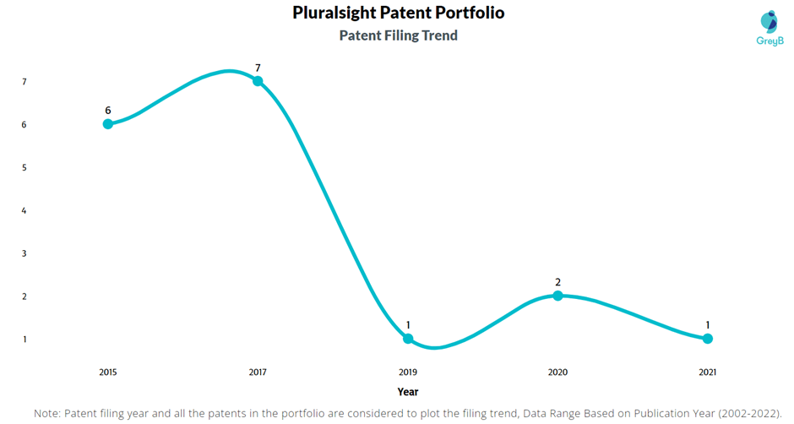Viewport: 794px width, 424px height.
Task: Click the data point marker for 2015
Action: click(x=108, y=124)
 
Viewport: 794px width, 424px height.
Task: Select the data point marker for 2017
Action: click(x=258, y=81)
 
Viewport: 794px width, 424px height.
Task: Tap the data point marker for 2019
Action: click(x=408, y=339)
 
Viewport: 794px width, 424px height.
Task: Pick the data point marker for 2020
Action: click(x=557, y=296)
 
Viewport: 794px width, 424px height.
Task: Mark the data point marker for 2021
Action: click(x=708, y=339)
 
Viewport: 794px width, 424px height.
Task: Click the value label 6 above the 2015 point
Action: click(x=108, y=110)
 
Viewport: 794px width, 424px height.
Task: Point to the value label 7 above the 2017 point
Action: click(x=258, y=67)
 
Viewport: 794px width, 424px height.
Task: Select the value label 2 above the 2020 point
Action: click(x=557, y=281)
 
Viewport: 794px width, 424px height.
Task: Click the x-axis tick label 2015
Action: click(x=108, y=372)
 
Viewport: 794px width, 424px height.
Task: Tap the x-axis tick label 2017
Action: click(x=258, y=372)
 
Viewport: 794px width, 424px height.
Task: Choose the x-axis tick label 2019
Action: click(x=408, y=372)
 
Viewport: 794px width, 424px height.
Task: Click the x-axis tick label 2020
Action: click(x=557, y=372)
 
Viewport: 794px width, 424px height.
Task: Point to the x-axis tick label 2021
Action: click(x=708, y=372)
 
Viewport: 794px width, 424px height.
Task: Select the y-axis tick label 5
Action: click(x=24, y=167)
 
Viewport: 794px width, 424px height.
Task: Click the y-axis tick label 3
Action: click(x=24, y=253)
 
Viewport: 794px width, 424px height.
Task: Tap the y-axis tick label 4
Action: click(x=24, y=210)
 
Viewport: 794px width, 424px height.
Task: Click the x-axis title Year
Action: click(x=408, y=392)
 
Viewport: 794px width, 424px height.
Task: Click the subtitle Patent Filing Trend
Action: click(x=398, y=35)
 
